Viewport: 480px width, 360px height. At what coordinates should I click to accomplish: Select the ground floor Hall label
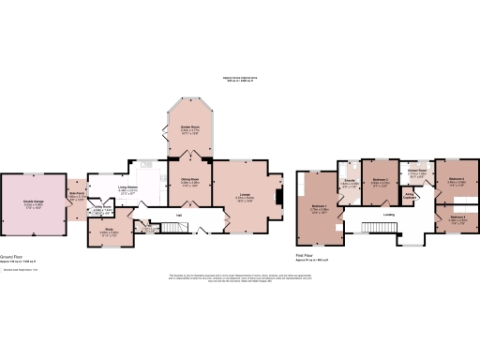pos(178,216)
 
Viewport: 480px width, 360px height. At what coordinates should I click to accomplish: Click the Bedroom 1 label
pos(319,208)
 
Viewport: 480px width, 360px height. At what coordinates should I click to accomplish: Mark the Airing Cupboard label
pos(410,196)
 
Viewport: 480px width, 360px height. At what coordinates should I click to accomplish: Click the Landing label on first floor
pos(388,215)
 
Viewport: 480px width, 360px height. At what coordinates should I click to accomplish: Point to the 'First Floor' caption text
pos(307,253)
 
